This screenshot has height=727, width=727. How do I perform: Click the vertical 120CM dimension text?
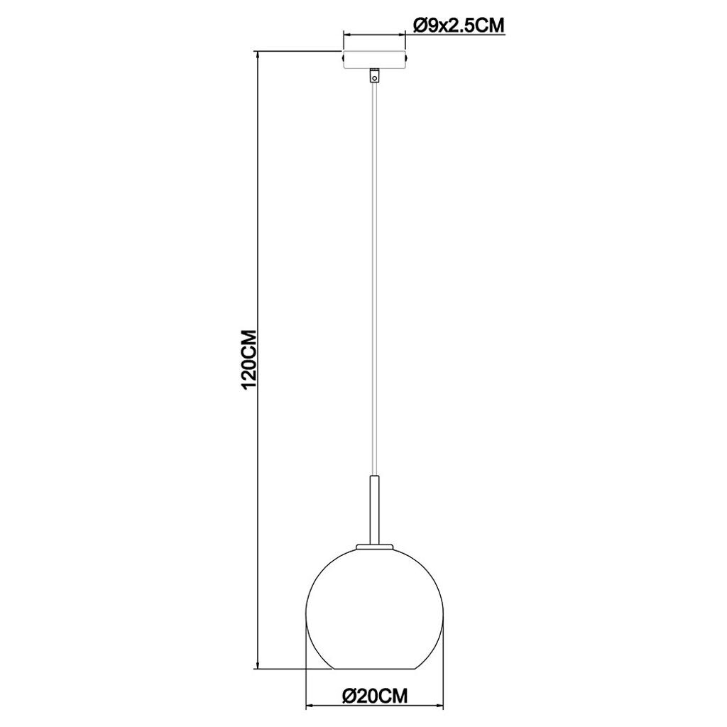pyautogui.click(x=249, y=360)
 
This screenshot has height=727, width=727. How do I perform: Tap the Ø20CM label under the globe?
pyautogui.click(x=375, y=695)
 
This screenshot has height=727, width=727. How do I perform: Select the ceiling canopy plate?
pyautogui.click(x=375, y=60)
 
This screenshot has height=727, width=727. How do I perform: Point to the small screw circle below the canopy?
pyautogui.click(x=375, y=78)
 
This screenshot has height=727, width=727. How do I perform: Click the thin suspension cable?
pyautogui.click(x=375, y=279)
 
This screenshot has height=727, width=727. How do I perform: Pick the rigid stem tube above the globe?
pyautogui.click(x=375, y=510)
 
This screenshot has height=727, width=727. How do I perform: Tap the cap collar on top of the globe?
pyautogui.click(x=375, y=547)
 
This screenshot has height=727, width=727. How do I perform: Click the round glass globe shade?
pyautogui.click(x=375, y=608)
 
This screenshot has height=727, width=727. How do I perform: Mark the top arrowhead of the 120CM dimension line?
pyautogui.click(x=257, y=55)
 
